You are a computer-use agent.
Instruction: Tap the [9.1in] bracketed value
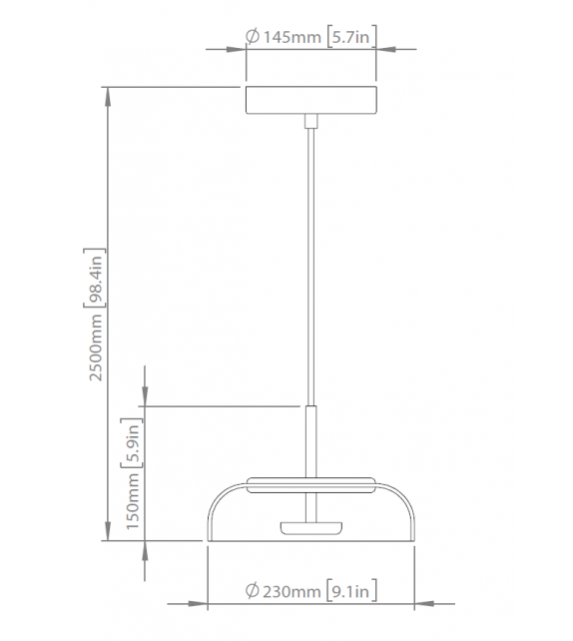pyautogui.click(x=351, y=593)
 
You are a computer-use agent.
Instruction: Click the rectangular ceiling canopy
pyautogui.click(x=310, y=102)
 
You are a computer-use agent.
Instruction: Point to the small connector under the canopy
pyautogui.click(x=310, y=122)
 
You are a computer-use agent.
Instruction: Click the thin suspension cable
pyautogui.click(x=310, y=260)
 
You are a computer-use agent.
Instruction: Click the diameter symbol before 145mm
pyautogui.click(x=254, y=37)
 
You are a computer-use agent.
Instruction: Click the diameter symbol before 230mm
pyautogui.click(x=253, y=593)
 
